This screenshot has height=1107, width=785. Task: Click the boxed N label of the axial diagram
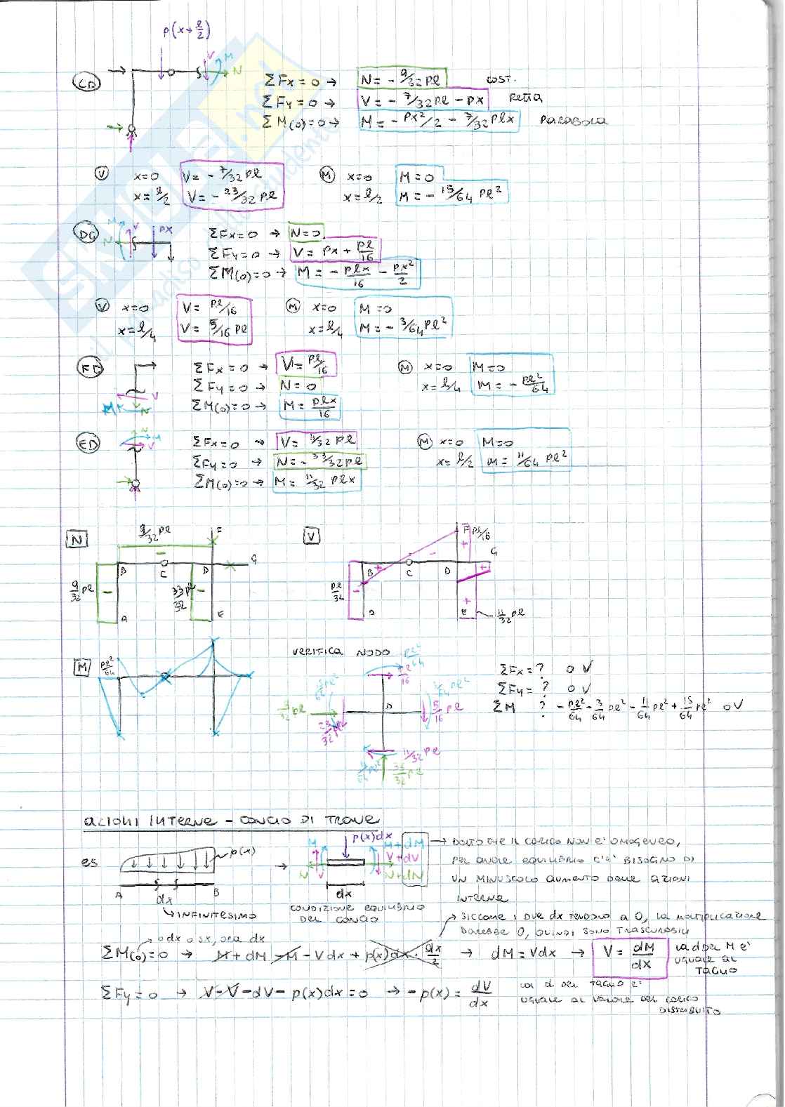(76, 539)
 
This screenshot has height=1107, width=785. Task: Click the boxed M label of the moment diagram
(83, 668)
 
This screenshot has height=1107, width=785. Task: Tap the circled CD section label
(88, 84)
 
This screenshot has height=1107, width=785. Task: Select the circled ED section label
(90, 443)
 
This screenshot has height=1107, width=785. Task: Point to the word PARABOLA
(573, 120)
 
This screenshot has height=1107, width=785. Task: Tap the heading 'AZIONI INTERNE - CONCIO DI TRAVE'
(232, 820)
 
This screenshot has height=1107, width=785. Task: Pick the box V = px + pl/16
(334, 250)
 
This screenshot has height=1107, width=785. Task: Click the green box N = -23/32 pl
(320, 461)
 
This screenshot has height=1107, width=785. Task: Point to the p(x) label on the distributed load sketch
(243, 851)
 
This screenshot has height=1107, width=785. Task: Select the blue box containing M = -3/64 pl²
(403, 319)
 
